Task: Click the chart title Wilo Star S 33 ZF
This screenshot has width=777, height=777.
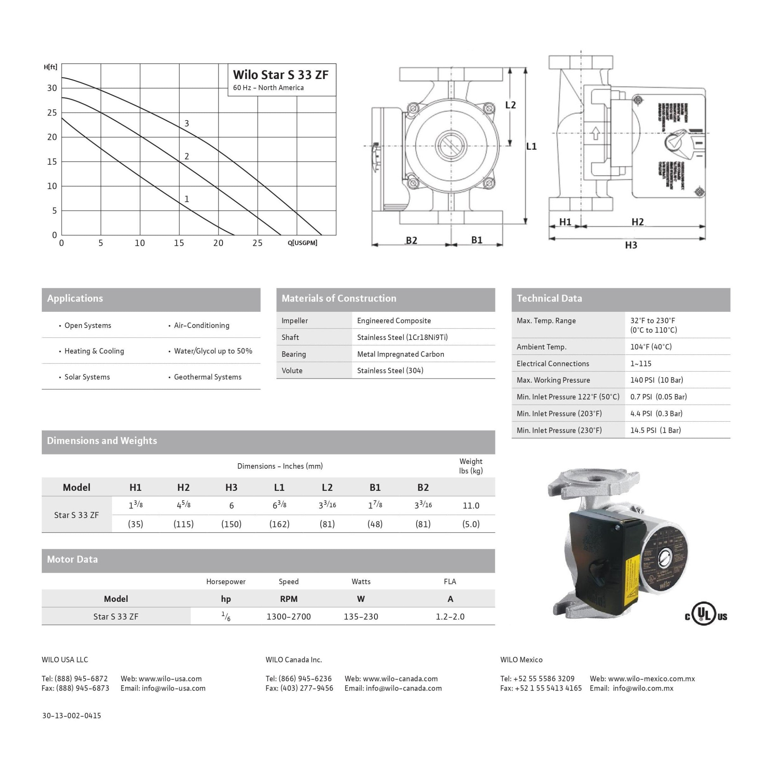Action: point(280,75)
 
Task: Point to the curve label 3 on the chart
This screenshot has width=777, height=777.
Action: point(186,123)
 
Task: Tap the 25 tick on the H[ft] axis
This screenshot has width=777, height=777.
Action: point(52,113)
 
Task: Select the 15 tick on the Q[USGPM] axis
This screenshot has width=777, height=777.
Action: point(179,243)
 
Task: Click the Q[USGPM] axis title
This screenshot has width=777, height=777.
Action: point(302,243)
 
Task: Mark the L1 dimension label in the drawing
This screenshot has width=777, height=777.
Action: point(531,146)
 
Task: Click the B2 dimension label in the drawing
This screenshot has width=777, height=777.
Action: point(411,240)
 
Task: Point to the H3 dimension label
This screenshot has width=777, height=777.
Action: point(631,245)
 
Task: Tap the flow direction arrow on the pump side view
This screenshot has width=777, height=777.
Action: point(596,133)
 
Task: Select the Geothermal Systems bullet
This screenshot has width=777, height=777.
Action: point(208,377)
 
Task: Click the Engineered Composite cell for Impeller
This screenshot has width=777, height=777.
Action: point(394,321)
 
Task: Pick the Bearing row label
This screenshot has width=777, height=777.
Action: point(294,354)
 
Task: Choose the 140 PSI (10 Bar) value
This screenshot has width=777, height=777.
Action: point(656,380)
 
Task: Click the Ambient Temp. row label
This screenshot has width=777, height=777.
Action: point(541,347)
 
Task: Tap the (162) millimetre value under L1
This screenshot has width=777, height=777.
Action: point(279,524)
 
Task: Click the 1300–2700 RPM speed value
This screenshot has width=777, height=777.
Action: point(288,616)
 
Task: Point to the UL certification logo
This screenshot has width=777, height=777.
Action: point(706,616)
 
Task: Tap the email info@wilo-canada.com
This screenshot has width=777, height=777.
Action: point(403,688)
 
